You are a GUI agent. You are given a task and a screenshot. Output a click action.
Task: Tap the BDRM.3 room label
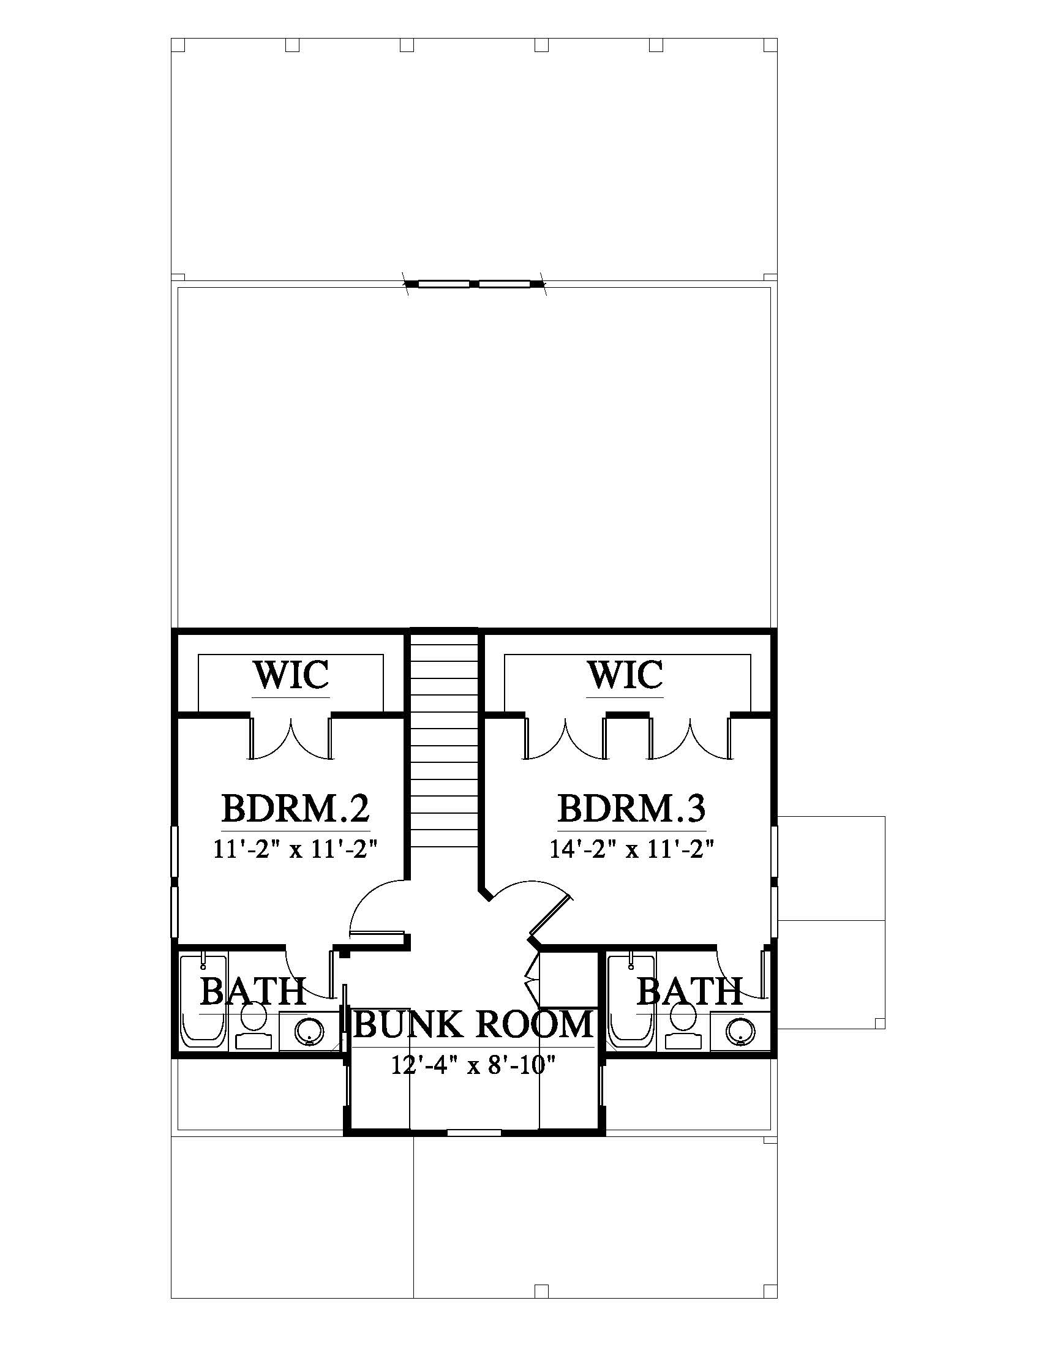(x=631, y=809)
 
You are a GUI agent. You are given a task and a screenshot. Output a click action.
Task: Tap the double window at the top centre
(x=474, y=283)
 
